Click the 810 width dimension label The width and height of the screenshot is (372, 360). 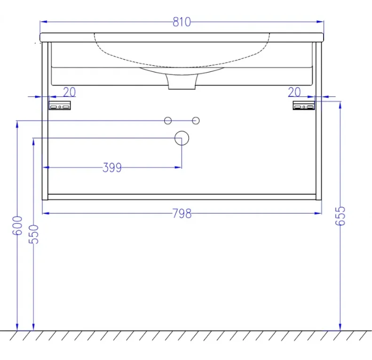coord(182,22)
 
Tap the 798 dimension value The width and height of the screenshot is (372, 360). coord(182,213)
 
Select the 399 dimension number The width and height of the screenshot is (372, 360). coord(112,168)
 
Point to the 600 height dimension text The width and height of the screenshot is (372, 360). coord(17,225)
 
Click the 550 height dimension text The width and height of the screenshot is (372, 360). coord(33,235)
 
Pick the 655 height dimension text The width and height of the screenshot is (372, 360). coord(340,216)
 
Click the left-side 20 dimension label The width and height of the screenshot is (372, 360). coord(69,92)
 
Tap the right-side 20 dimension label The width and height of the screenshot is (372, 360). coord(294,92)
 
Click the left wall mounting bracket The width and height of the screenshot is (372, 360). coord(60,105)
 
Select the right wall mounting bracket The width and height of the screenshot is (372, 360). coord(304,105)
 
